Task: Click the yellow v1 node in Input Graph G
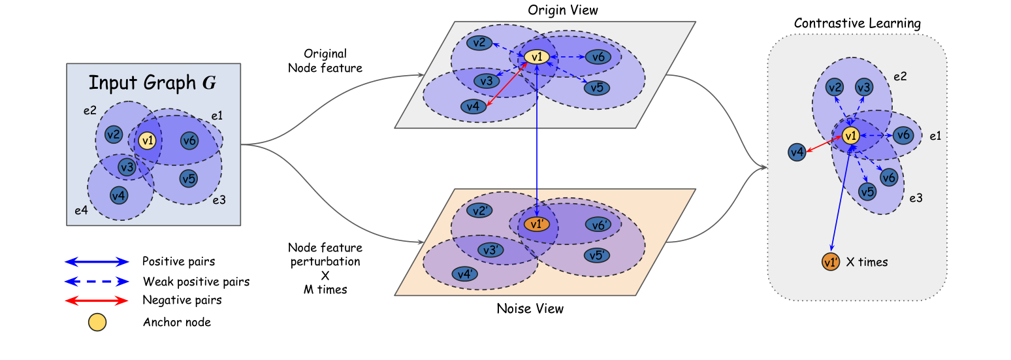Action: click(147, 141)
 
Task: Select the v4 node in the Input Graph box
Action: click(119, 195)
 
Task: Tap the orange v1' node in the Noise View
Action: click(537, 223)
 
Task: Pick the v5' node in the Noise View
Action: click(597, 255)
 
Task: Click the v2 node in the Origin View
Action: click(479, 43)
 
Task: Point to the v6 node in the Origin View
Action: click(598, 57)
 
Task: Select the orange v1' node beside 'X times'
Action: click(831, 262)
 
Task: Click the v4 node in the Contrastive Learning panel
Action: click(797, 152)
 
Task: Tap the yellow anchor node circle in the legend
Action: click(97, 322)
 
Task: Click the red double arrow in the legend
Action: click(97, 301)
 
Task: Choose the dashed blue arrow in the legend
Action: click(97, 282)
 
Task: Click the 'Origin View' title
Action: click(563, 10)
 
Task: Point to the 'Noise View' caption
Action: click(530, 308)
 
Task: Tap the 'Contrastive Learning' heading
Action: click(857, 23)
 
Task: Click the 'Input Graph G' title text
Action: click(152, 83)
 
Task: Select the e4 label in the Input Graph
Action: click(81, 210)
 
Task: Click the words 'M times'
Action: click(325, 289)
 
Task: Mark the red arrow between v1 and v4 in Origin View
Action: click(506, 85)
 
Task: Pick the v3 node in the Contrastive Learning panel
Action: click(864, 87)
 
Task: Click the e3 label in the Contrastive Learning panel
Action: click(916, 198)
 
